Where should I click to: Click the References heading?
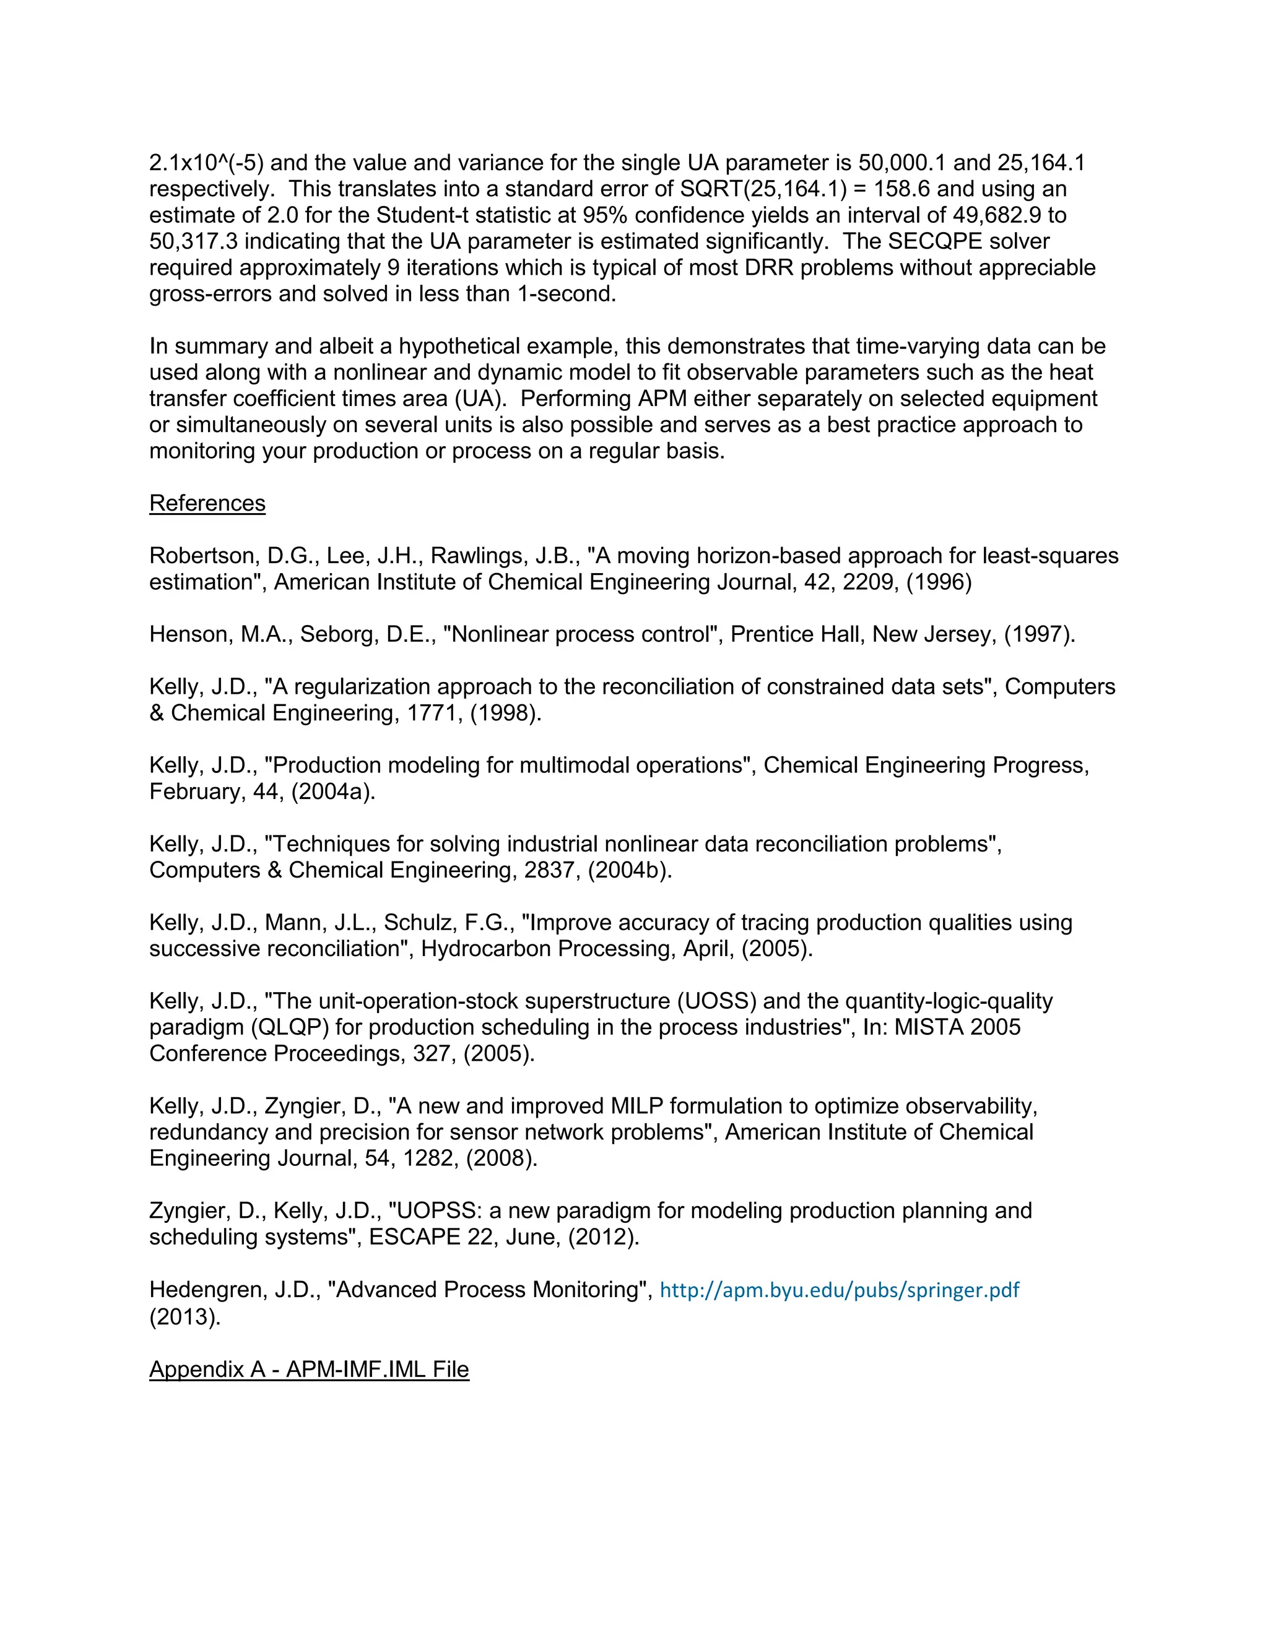[207, 503]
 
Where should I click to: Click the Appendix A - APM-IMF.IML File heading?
[309, 1369]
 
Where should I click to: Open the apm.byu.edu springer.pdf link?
[839, 1290]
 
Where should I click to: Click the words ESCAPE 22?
[433, 1236]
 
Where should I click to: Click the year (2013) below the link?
[185, 1316]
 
